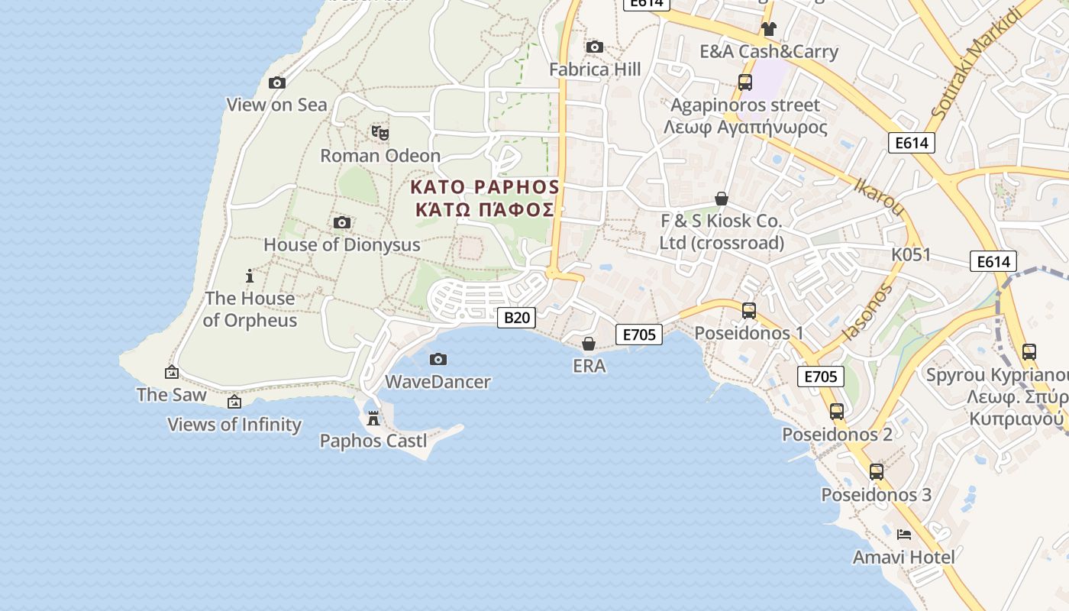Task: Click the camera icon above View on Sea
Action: coord(277,82)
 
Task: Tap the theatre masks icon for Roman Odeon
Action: coord(380,133)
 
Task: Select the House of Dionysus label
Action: coord(342,244)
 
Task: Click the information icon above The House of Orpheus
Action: coord(249,276)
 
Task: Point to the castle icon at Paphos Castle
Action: coord(373,418)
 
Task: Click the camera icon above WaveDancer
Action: coord(438,359)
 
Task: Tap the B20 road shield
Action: coord(516,317)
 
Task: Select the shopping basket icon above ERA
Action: coord(589,344)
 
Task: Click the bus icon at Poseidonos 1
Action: coord(749,310)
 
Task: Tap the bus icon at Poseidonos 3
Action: coord(877,471)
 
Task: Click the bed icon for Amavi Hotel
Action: coord(904,534)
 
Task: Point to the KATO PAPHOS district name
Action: coord(485,198)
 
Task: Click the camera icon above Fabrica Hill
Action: coord(595,47)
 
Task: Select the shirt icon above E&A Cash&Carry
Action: coord(768,29)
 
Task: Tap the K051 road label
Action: coord(911,254)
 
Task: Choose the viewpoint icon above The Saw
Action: coord(172,372)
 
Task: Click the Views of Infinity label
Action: coord(234,425)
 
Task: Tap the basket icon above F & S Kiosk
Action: coord(722,199)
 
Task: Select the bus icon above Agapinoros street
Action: coord(744,82)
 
